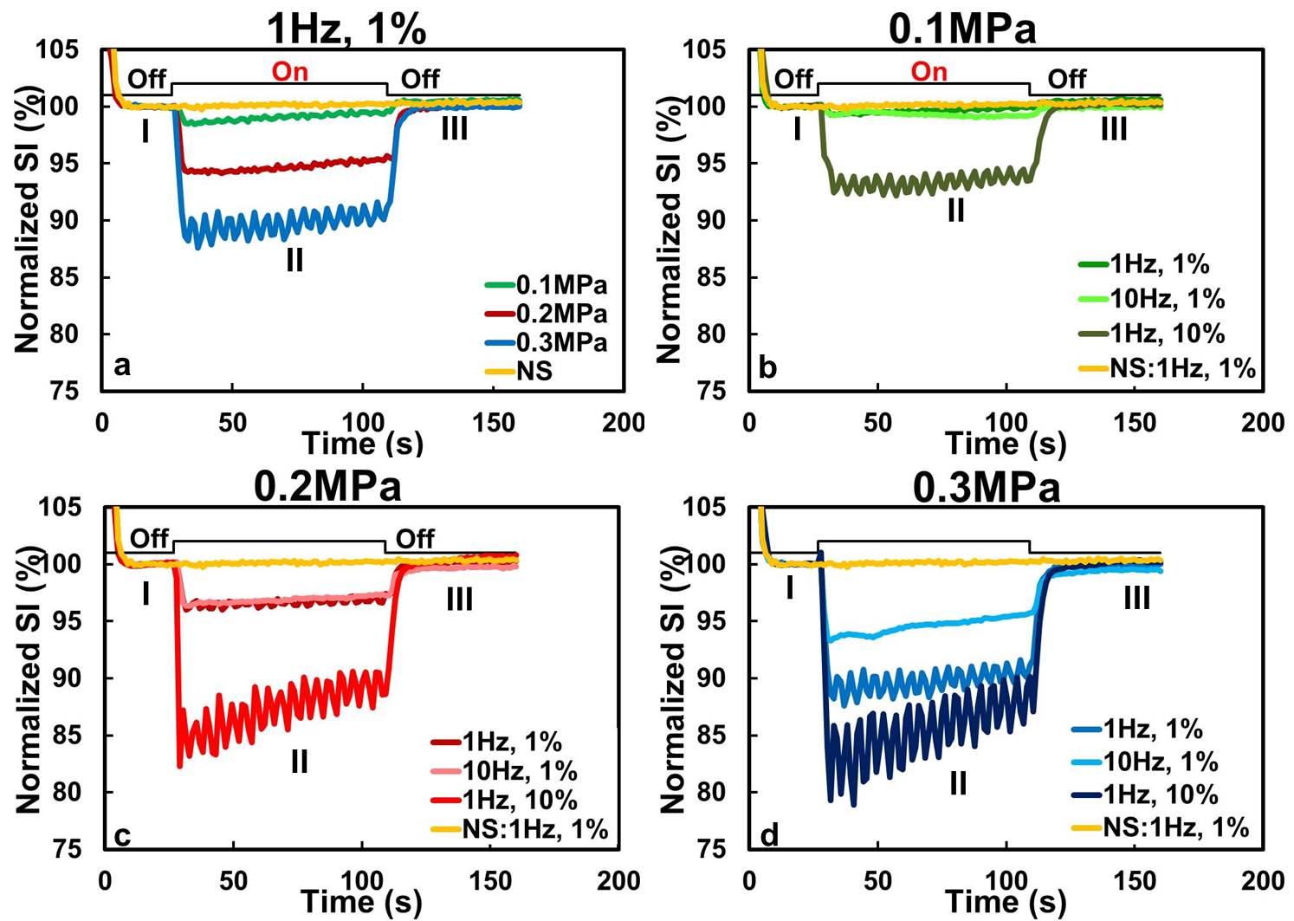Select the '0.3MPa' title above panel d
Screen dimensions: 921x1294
tap(986, 488)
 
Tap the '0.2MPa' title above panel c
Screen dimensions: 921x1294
tap(327, 487)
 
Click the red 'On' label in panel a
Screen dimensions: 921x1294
tap(289, 72)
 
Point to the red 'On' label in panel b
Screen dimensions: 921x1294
tap(928, 72)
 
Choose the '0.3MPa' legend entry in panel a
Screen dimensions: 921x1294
tap(560, 342)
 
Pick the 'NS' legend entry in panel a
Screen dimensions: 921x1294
tap(534, 372)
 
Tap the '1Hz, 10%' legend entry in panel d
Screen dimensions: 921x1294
tap(1161, 795)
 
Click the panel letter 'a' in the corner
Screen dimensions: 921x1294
tap(122, 366)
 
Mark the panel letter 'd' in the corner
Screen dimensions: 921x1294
tap(768, 835)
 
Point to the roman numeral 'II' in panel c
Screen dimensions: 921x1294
tap(299, 762)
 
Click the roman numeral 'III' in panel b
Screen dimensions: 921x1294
tap(1113, 129)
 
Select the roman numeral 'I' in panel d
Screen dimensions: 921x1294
tap(789, 589)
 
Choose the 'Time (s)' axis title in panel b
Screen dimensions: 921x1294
tap(1005, 444)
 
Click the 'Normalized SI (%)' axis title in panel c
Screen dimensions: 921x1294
tap(29, 678)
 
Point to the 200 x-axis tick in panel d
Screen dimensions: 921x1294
tap(1262, 882)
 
